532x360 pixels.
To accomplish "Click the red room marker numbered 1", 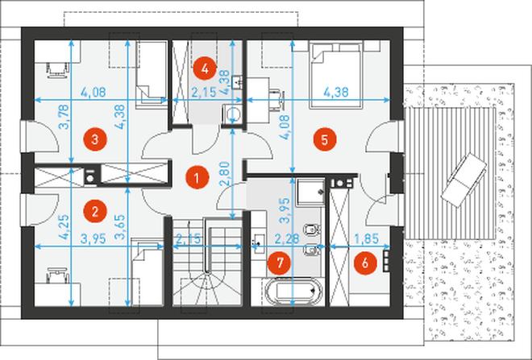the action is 197,177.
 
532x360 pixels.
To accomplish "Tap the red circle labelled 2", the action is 95,212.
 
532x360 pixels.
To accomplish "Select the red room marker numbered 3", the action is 95,139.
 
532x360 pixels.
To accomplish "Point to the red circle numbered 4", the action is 205,68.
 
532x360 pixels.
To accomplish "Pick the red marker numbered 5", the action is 325,139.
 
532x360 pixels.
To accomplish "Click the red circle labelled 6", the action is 365,263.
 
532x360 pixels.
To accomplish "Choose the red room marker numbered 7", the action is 280,263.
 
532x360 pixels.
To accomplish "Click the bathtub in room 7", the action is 294,291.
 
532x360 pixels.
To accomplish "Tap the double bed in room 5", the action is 335,75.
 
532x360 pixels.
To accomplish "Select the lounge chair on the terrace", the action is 463,180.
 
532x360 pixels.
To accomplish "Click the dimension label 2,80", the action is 225,173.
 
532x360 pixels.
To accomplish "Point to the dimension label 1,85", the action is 367,238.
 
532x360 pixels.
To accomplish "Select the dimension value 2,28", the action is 287,238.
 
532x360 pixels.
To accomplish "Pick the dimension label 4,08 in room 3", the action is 94,92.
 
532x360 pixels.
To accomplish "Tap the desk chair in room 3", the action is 57,69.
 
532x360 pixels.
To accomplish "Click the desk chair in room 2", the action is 57,275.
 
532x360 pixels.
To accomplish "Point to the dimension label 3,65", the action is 120,226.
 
